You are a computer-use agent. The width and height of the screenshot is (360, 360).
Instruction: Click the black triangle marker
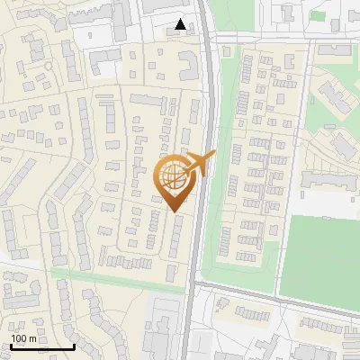click(182, 25)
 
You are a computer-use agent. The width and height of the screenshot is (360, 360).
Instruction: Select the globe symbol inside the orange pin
click(175, 176)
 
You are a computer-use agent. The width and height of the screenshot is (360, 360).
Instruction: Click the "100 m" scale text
click(22, 338)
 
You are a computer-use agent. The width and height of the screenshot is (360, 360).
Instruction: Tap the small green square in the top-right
click(317, 14)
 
